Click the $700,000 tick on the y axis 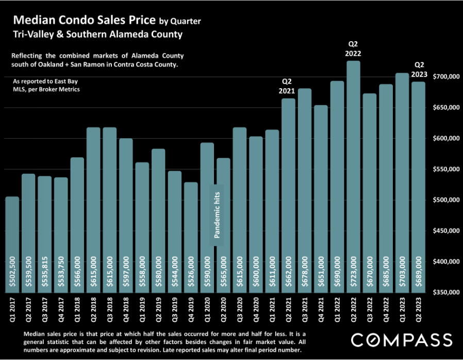point(445,77)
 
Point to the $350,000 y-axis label point(445,292)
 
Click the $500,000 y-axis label point(445,200)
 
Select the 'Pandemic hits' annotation point(218,214)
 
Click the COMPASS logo point(402,340)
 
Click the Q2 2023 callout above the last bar point(420,69)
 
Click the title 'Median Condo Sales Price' point(85,21)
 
